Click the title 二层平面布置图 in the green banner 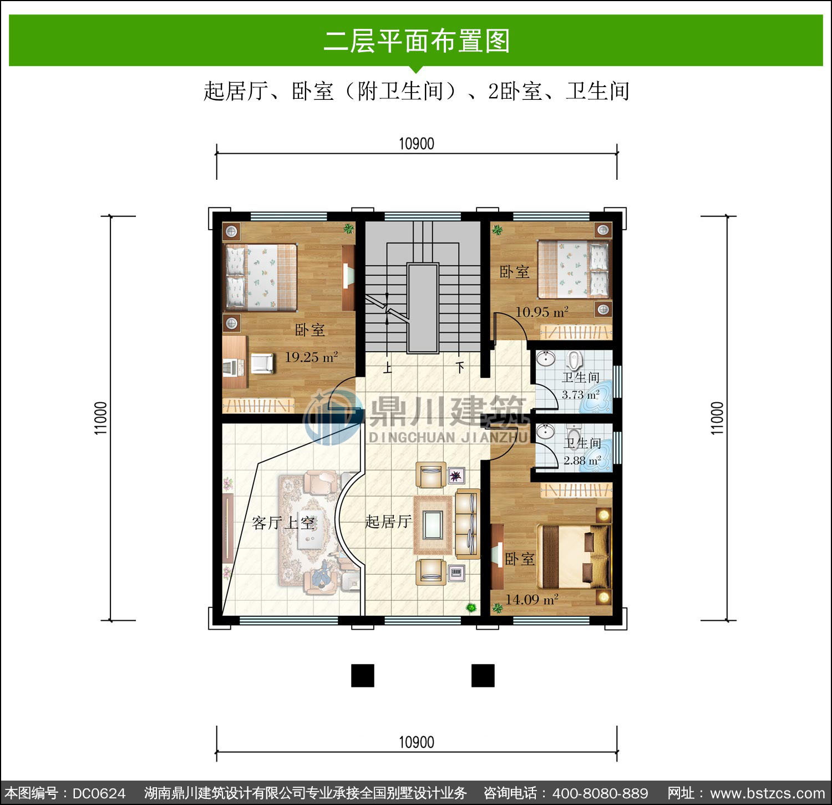(x=416, y=41)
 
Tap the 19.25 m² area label (x=311, y=357)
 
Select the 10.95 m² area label (x=542, y=312)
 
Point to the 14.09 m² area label (x=531, y=599)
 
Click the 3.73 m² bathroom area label (x=580, y=394)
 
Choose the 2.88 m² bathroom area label (x=582, y=460)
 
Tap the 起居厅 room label (x=388, y=522)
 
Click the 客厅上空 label (x=283, y=523)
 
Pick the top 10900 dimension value (x=417, y=144)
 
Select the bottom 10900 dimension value (x=417, y=742)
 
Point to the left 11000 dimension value (x=100, y=418)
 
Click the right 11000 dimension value (x=718, y=418)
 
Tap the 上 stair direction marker (x=387, y=367)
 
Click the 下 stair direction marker (x=460, y=367)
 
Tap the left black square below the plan (x=363, y=675)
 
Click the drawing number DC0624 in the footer (x=99, y=793)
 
